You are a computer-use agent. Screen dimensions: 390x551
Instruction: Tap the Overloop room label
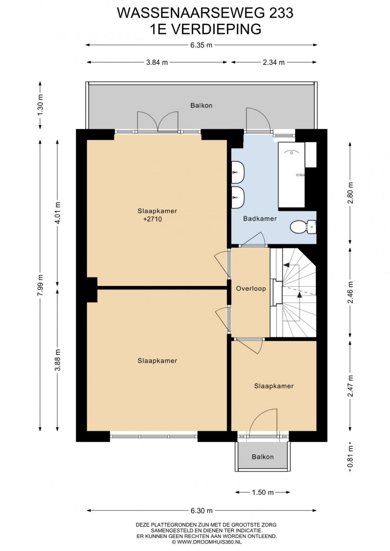pos(251,289)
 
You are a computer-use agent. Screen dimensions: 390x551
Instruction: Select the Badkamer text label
pos(260,218)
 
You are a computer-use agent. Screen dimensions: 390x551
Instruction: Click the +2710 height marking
pos(152,219)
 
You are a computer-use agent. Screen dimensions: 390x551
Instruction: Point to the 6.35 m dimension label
pos(201,45)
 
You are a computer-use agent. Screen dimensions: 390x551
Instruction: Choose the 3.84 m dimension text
pos(157,62)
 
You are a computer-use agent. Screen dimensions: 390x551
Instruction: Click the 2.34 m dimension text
pos(274,62)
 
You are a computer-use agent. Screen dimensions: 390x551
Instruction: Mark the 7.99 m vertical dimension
pos(40,285)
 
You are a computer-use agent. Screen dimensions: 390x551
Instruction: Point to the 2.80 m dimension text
pos(350,193)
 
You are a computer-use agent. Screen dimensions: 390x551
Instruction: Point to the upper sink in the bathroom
pos(238,172)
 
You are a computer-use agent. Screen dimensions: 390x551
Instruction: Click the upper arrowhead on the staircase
pos(286,265)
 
